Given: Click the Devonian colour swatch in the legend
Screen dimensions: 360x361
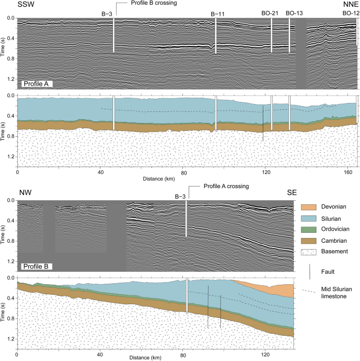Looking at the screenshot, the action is tap(308, 207).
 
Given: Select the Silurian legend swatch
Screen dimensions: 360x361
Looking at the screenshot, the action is tap(308, 219).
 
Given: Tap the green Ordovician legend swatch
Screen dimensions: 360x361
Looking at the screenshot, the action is tap(308, 229).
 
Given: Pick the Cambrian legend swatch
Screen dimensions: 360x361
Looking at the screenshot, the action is tap(308, 241).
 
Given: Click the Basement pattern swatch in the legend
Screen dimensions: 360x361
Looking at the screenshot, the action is tap(308, 252).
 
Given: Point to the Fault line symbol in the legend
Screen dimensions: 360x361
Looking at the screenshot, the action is tap(310, 272).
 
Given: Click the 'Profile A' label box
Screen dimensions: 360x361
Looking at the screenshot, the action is tap(37, 84).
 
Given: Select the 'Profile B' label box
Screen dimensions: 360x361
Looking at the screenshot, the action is tap(36, 266).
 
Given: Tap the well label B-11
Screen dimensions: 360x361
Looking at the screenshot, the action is tap(218, 14).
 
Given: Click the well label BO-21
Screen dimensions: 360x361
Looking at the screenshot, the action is tap(270, 13).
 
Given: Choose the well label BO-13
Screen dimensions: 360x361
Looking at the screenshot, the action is tap(294, 13).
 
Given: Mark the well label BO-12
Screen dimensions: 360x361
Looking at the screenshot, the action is tap(351, 13).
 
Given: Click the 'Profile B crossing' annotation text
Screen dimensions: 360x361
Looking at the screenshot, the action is tap(154, 3).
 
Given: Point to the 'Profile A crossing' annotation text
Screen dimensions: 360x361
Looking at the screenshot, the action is tap(226, 186).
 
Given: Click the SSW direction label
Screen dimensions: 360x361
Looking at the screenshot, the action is tap(26, 4).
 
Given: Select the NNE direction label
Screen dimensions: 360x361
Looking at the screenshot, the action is tap(351, 4).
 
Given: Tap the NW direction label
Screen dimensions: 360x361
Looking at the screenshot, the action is tap(25, 192).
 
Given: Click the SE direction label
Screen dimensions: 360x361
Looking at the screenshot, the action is tap(292, 192).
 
